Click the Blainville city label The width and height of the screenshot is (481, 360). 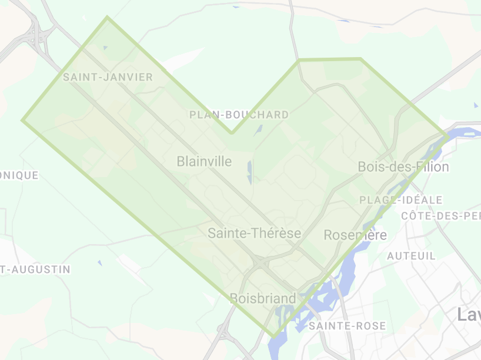(x=204, y=161)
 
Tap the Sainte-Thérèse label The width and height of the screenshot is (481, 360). (x=254, y=234)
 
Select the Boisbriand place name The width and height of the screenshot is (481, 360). (x=263, y=299)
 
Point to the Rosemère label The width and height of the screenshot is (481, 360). (x=356, y=235)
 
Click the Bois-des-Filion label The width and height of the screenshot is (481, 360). (x=403, y=167)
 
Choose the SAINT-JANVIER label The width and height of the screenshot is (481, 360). (x=108, y=77)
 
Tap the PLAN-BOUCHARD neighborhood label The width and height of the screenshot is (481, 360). (x=239, y=115)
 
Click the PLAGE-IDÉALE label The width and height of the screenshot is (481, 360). (x=400, y=200)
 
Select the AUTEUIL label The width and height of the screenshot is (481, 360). (x=412, y=256)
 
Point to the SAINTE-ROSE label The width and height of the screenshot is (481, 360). (x=347, y=326)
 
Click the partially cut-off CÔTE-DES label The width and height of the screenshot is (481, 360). (x=440, y=216)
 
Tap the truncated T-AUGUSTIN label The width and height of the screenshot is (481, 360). (x=35, y=269)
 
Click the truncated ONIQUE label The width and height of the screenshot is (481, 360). (x=19, y=175)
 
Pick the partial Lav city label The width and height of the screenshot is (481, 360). (x=469, y=315)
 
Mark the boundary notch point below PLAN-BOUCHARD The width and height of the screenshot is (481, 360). (x=232, y=133)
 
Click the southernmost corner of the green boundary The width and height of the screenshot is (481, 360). (x=273, y=336)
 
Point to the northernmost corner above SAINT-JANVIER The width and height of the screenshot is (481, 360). (x=107, y=17)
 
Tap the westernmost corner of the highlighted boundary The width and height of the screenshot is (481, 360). (x=23, y=120)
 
